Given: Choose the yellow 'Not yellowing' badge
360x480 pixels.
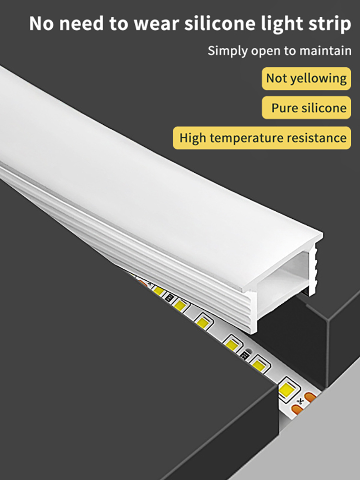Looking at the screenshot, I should (x=306, y=78).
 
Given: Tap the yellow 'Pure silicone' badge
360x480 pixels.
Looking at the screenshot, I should (x=306, y=108).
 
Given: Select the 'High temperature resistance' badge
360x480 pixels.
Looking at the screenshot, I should (x=262, y=138).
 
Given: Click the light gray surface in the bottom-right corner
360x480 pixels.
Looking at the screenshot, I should (x=331, y=432).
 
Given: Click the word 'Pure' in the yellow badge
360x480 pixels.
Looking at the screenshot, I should (x=283, y=108).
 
